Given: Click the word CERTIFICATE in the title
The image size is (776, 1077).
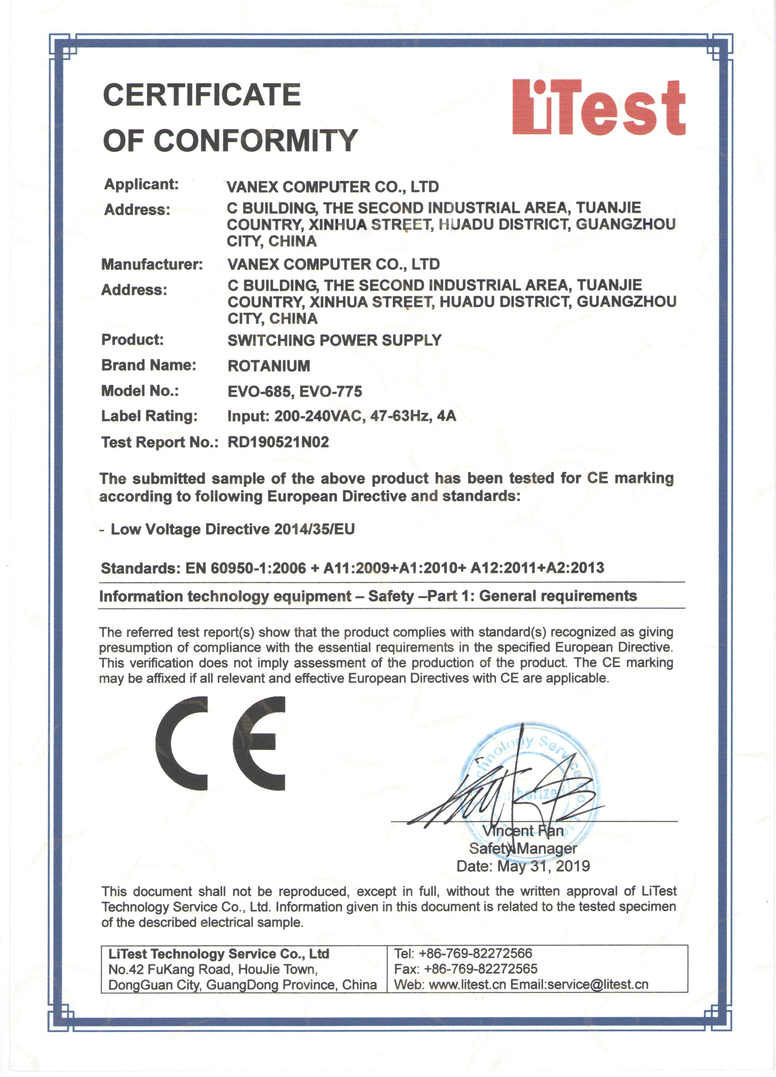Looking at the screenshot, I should point(202,95).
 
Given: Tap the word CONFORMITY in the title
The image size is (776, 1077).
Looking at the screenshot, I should point(256,141).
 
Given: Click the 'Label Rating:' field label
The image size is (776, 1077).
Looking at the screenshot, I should point(149,416).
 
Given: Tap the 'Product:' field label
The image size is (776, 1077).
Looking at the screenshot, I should point(132,340).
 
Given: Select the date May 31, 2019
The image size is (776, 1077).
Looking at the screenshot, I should point(543,866).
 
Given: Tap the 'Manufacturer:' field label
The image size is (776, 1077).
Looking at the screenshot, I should point(152,264).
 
